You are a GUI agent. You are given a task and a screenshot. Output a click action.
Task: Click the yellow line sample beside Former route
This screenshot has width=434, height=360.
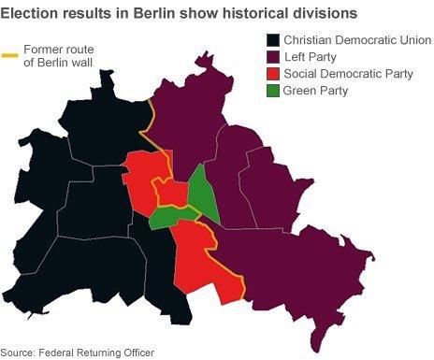tap(11, 52)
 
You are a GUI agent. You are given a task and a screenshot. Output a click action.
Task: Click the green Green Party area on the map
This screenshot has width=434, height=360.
tap(200, 194)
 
